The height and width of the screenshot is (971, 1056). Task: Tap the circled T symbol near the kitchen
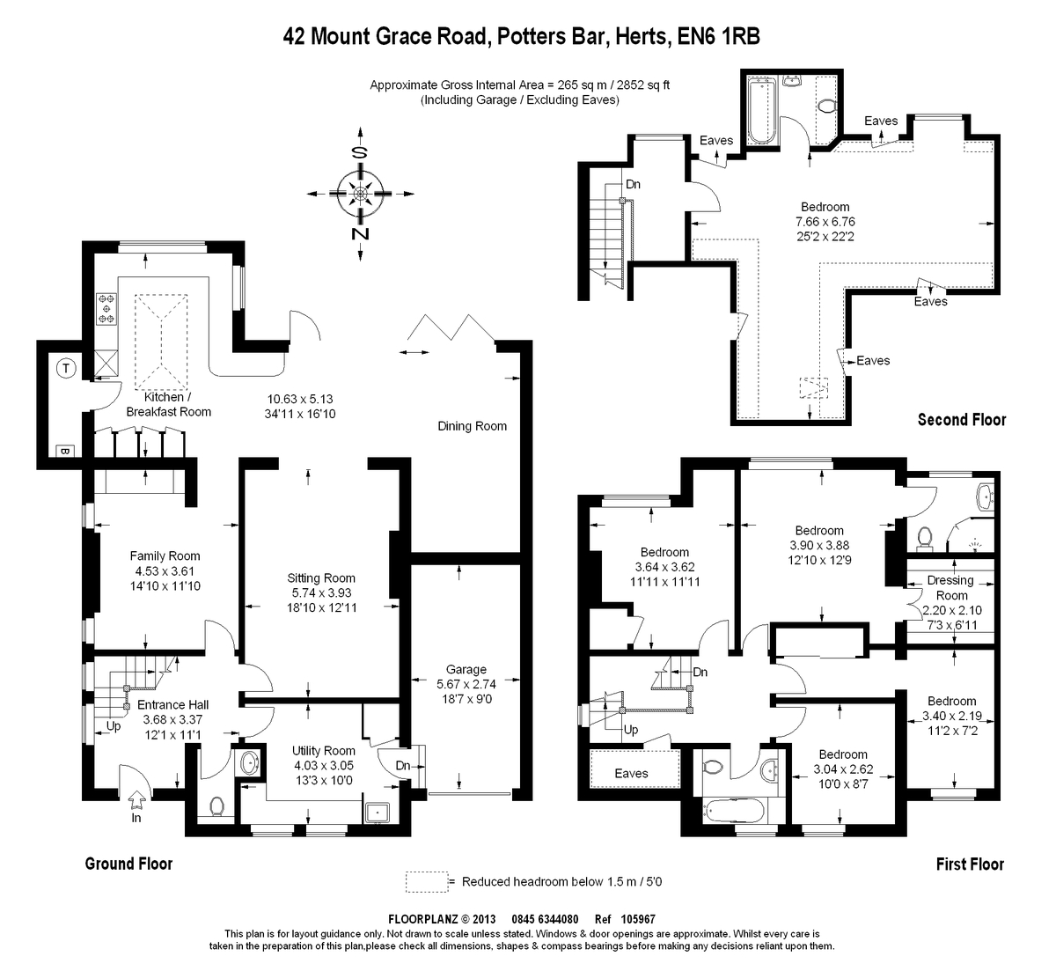point(65,369)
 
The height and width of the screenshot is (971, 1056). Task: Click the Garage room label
point(466,669)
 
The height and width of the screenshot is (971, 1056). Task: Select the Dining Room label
point(472,426)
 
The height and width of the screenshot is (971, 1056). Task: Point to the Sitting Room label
point(321,578)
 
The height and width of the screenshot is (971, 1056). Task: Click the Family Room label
point(165,555)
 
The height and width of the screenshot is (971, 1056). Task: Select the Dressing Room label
point(950,587)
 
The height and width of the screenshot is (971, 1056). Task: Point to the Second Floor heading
point(961,419)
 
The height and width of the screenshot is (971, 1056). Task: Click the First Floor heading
point(970,864)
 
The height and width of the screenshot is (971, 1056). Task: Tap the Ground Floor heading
point(128,864)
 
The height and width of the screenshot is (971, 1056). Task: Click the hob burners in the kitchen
point(106,309)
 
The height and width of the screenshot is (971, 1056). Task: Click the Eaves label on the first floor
point(631,773)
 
